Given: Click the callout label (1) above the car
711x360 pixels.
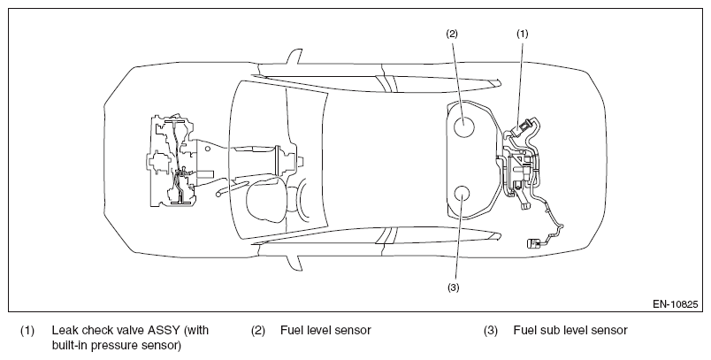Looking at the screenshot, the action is [523, 34].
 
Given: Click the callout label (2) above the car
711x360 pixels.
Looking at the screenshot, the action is [452, 34].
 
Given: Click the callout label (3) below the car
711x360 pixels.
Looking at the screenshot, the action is [453, 287].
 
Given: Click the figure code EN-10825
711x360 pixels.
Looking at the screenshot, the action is [675, 304].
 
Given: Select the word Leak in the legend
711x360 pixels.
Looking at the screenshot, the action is [65, 330].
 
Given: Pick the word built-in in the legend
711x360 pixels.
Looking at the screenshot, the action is [69, 346].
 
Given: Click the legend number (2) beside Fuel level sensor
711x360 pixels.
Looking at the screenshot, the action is [258, 330].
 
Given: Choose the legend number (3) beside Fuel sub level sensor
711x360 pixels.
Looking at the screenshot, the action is [491, 330].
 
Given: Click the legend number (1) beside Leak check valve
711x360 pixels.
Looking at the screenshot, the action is [27, 330].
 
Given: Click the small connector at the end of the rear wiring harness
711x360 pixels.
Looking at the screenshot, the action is [534, 243].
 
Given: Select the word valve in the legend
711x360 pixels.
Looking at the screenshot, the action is [127, 330].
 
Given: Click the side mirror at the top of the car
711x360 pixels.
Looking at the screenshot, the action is [293, 57].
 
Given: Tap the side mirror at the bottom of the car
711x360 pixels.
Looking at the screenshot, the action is [293, 263].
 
